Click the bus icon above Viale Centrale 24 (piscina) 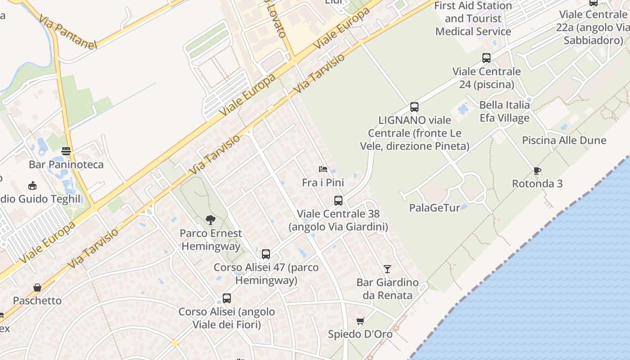pos(486,58)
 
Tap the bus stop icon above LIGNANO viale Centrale pos(414,107)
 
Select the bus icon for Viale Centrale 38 pos(338,201)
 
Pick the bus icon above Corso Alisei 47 pos(266,254)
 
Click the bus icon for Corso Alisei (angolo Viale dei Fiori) pos(227,298)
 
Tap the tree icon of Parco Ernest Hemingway pos(210,220)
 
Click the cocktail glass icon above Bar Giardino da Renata pos(387,269)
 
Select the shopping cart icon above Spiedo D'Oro pos(360,321)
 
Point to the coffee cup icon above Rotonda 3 pos(537,171)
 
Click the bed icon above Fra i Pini pos(323,170)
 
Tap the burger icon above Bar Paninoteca pos(66,151)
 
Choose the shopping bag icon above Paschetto pos(37,288)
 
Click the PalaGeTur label pos(434,208)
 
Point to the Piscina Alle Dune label pos(564,140)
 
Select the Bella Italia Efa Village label pos(504,112)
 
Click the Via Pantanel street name pos(67,31)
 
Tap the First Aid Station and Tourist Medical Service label pos(473,19)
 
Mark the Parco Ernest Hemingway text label pos(211,240)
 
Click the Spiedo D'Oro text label pos(360,334)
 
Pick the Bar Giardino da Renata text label pos(387,289)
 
